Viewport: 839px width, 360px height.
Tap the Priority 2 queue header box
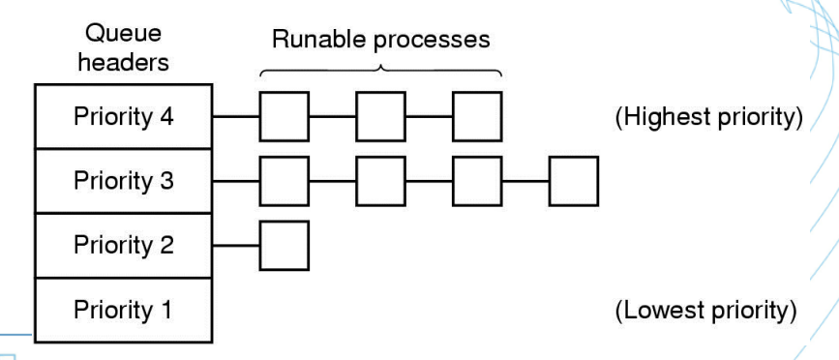(x=123, y=245)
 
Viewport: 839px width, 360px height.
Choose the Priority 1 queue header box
(x=123, y=310)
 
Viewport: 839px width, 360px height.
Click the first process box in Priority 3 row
(x=285, y=180)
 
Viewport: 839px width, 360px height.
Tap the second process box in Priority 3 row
(x=381, y=180)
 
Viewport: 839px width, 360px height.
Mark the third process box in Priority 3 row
(x=477, y=180)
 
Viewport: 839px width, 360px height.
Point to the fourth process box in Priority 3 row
(x=574, y=180)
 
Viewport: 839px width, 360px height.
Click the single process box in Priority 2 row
(x=285, y=245)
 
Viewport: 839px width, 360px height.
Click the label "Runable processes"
(x=380, y=41)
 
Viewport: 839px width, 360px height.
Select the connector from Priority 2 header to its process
(x=236, y=245)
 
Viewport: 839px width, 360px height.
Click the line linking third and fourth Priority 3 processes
(x=525, y=180)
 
